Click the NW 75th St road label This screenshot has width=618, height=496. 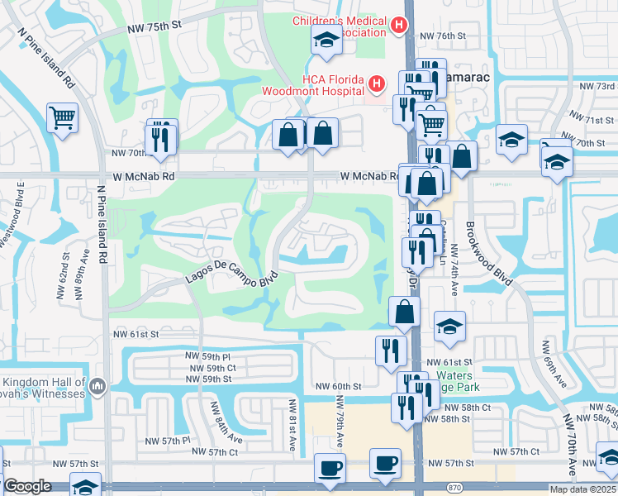[154, 27]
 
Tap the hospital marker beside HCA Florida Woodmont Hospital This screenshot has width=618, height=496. [377, 84]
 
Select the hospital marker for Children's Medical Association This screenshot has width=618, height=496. [400, 26]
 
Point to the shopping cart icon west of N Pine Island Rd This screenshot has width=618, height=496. [62, 119]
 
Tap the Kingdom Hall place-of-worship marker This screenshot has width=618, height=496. [97, 386]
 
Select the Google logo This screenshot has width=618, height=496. [27, 486]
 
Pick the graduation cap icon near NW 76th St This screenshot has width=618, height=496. [326, 41]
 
